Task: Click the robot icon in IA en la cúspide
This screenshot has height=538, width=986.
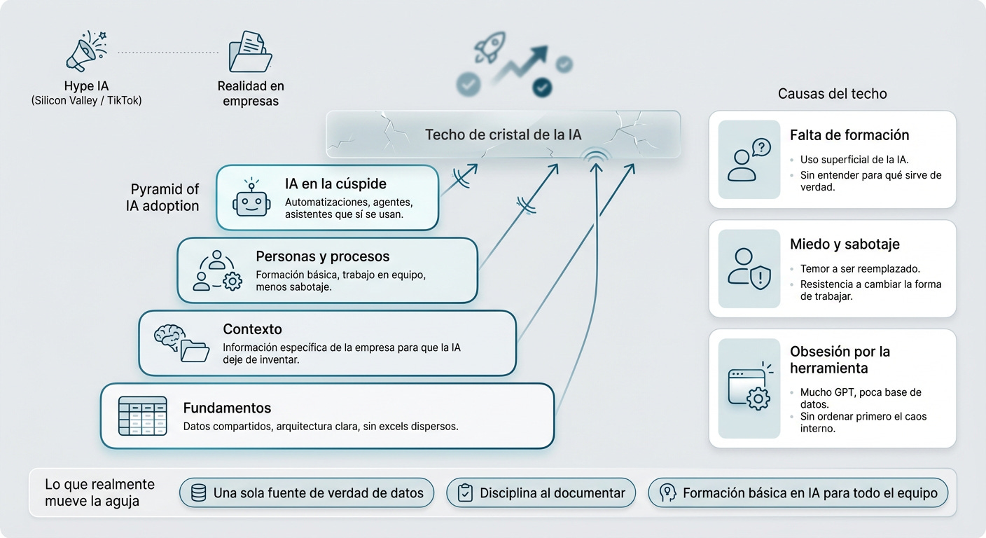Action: pos(251,198)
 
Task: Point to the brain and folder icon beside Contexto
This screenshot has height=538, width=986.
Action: pos(181,343)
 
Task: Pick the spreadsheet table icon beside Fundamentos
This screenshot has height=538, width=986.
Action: pos(142,416)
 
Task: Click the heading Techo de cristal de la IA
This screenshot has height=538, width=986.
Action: pos(503,134)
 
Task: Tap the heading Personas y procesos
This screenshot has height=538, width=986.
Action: pos(322,256)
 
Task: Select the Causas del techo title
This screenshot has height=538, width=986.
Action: pos(832,94)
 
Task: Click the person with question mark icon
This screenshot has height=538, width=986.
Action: pos(749,160)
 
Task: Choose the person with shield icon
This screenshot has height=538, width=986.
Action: pos(749,268)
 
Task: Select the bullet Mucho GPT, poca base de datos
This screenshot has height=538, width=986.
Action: pos(861,398)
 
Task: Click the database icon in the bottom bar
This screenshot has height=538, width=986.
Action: pos(199,493)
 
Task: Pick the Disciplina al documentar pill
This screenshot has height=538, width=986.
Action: pos(541,493)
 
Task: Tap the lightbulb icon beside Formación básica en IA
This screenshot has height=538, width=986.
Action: pos(669,493)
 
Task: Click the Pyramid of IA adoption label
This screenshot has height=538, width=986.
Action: pos(165,198)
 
